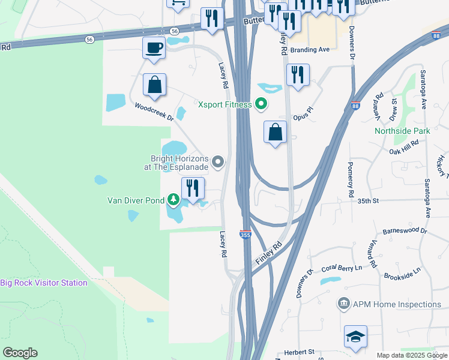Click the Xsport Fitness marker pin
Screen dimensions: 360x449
coord(261,104)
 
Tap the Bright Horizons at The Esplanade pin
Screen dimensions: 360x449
coord(218,161)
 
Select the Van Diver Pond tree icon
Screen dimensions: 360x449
coord(173,199)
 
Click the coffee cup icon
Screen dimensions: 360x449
coord(154,47)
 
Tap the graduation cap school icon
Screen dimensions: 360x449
coord(355,337)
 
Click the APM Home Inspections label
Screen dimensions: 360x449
coord(396,304)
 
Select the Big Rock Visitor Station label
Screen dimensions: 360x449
coord(44,283)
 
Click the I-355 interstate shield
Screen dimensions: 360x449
coord(246,235)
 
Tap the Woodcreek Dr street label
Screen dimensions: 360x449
coord(154,112)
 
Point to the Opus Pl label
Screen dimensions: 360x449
coord(304,115)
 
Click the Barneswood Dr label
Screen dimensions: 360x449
coord(404,230)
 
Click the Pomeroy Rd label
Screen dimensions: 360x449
coord(351,178)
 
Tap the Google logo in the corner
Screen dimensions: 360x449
coord(20,353)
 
